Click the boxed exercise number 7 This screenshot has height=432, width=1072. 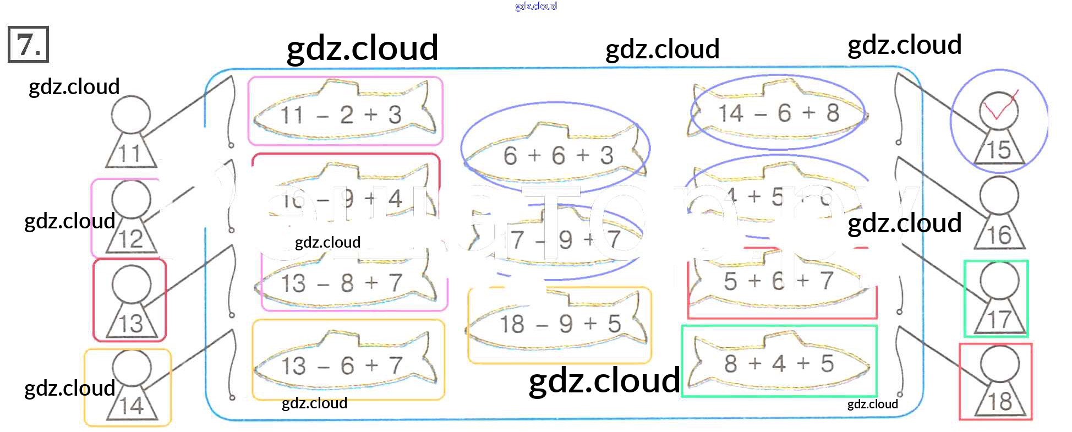(x=28, y=44)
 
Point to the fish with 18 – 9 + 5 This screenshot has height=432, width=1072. (x=559, y=324)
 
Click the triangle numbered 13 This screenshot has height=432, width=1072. (x=131, y=322)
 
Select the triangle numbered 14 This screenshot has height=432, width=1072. (x=131, y=405)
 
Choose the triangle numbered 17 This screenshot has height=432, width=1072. (x=999, y=319)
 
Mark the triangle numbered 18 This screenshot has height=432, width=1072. (x=999, y=401)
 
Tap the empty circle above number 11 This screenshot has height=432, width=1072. (x=131, y=115)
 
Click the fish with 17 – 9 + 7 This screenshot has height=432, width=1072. (x=561, y=239)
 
